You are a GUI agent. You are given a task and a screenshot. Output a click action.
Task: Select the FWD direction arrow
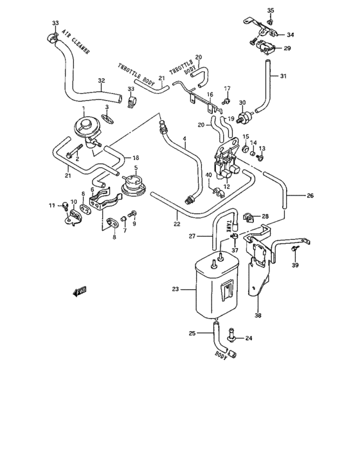(x=79, y=293)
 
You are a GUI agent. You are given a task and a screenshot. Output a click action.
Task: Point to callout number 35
(x=270, y=10)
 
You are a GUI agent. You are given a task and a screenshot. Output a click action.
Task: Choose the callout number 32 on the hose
(x=101, y=81)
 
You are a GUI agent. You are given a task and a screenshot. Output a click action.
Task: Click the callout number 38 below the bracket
(x=258, y=316)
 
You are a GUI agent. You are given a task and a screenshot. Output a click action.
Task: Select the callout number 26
(x=310, y=195)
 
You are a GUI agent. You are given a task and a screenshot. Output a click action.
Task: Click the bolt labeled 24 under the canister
(x=231, y=334)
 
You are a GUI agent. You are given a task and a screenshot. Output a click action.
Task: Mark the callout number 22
(x=176, y=224)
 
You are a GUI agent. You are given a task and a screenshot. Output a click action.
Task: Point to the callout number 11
(x=52, y=205)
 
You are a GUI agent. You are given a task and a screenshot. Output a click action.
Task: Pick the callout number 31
(x=283, y=76)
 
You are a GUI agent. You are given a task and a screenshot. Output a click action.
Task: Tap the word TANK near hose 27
(x=229, y=223)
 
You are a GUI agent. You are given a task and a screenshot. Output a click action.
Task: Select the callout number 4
(x=184, y=139)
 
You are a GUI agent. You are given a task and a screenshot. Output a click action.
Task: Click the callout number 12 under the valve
(x=226, y=186)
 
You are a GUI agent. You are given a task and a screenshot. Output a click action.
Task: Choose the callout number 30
(x=242, y=103)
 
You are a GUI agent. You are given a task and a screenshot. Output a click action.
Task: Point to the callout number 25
(x=192, y=332)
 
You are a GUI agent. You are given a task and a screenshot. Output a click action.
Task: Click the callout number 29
(x=287, y=48)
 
